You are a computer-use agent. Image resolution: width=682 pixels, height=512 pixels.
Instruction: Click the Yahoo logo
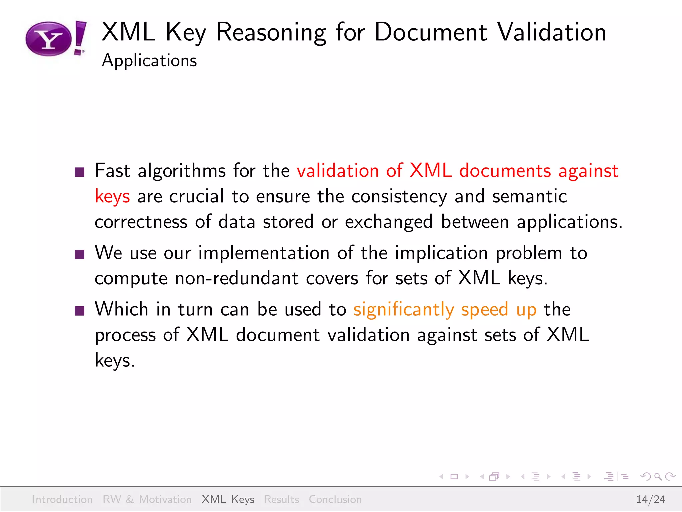pos(55,39)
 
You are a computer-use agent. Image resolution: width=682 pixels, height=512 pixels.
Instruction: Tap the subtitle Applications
pos(149,61)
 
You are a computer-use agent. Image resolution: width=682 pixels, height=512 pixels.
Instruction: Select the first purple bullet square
pos(80,172)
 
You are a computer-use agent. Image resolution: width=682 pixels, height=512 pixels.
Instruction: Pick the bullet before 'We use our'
pos(80,254)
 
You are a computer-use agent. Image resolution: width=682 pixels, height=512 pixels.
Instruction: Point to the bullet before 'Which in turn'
pos(80,311)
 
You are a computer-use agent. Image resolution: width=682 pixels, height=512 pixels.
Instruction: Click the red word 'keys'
pos(112,196)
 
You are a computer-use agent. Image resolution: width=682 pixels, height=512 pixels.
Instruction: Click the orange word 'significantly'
pos(403,310)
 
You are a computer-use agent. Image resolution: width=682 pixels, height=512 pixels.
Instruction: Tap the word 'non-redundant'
pos(236,278)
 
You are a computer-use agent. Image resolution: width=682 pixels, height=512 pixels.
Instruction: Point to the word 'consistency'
pos(399,196)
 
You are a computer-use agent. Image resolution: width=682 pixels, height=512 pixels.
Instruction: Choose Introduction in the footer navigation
pos(62,499)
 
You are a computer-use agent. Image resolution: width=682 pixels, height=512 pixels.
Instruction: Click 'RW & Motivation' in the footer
pos(147,499)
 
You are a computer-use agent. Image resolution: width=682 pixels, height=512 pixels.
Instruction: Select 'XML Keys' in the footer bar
pos(228,499)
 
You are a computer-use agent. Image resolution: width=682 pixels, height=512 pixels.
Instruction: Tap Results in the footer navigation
pos(281,499)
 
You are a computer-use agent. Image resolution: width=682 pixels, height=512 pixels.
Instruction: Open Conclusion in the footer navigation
pos(335,499)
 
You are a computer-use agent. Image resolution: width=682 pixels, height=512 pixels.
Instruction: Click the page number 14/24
pos(650,499)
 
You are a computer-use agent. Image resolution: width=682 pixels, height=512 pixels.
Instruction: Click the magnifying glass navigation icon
pos(658,477)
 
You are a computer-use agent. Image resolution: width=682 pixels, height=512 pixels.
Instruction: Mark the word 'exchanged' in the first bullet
pos(389,222)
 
